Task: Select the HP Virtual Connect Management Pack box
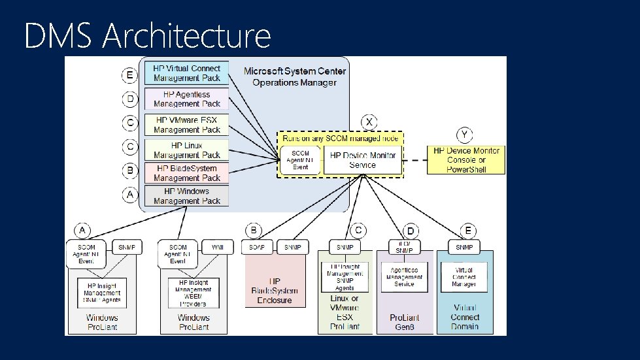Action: pyautogui.click(x=186, y=73)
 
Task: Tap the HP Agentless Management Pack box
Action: pyautogui.click(x=186, y=99)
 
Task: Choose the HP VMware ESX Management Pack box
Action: pyautogui.click(x=186, y=125)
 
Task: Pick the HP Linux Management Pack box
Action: pyautogui.click(x=186, y=150)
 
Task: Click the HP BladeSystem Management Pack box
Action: pyautogui.click(x=186, y=173)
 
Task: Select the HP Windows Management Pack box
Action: pyautogui.click(x=186, y=196)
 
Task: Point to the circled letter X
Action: pyautogui.click(x=370, y=122)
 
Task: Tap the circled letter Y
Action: pyautogui.click(x=464, y=135)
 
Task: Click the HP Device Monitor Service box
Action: pyautogui.click(x=362, y=160)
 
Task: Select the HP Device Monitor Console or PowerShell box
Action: pyautogui.click(x=466, y=160)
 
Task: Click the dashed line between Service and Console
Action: pyautogui.click(x=415, y=160)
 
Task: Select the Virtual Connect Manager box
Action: pyautogui.click(x=465, y=276)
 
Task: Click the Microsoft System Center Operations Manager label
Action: pyautogui.click(x=294, y=76)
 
